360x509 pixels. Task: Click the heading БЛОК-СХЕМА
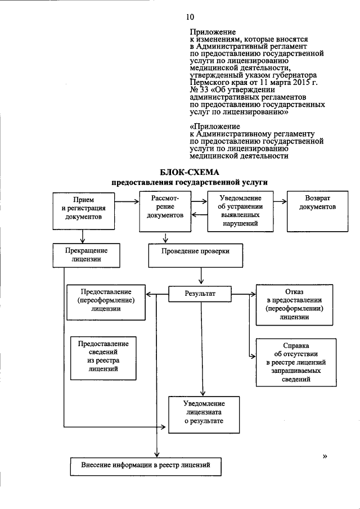coord(188,172)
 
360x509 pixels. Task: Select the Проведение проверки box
coord(196,255)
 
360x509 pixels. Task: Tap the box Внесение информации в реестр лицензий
coord(146,466)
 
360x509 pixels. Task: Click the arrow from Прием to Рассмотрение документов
coord(130,201)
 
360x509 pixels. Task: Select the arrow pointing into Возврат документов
coord(278,201)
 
